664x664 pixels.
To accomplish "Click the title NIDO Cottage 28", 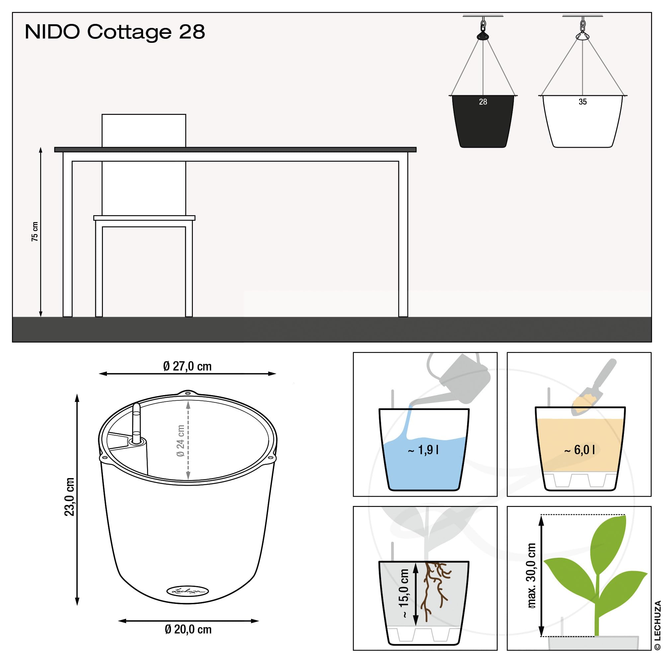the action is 115,32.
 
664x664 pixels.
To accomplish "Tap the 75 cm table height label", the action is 35,231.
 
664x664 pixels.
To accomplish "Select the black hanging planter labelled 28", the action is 483,121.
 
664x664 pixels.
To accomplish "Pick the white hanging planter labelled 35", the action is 583,121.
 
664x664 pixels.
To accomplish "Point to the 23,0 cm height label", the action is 69,497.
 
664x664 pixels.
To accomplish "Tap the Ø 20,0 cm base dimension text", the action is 188,629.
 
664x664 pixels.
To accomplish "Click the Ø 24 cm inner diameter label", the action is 180,441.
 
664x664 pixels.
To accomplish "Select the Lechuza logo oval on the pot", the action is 188,591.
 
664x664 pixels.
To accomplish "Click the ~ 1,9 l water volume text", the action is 423,450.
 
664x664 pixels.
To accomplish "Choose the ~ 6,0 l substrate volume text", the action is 579,450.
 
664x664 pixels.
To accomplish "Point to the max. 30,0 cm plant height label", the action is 531,576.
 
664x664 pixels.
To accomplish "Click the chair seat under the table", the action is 144,218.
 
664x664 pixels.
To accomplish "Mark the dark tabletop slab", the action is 235,149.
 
